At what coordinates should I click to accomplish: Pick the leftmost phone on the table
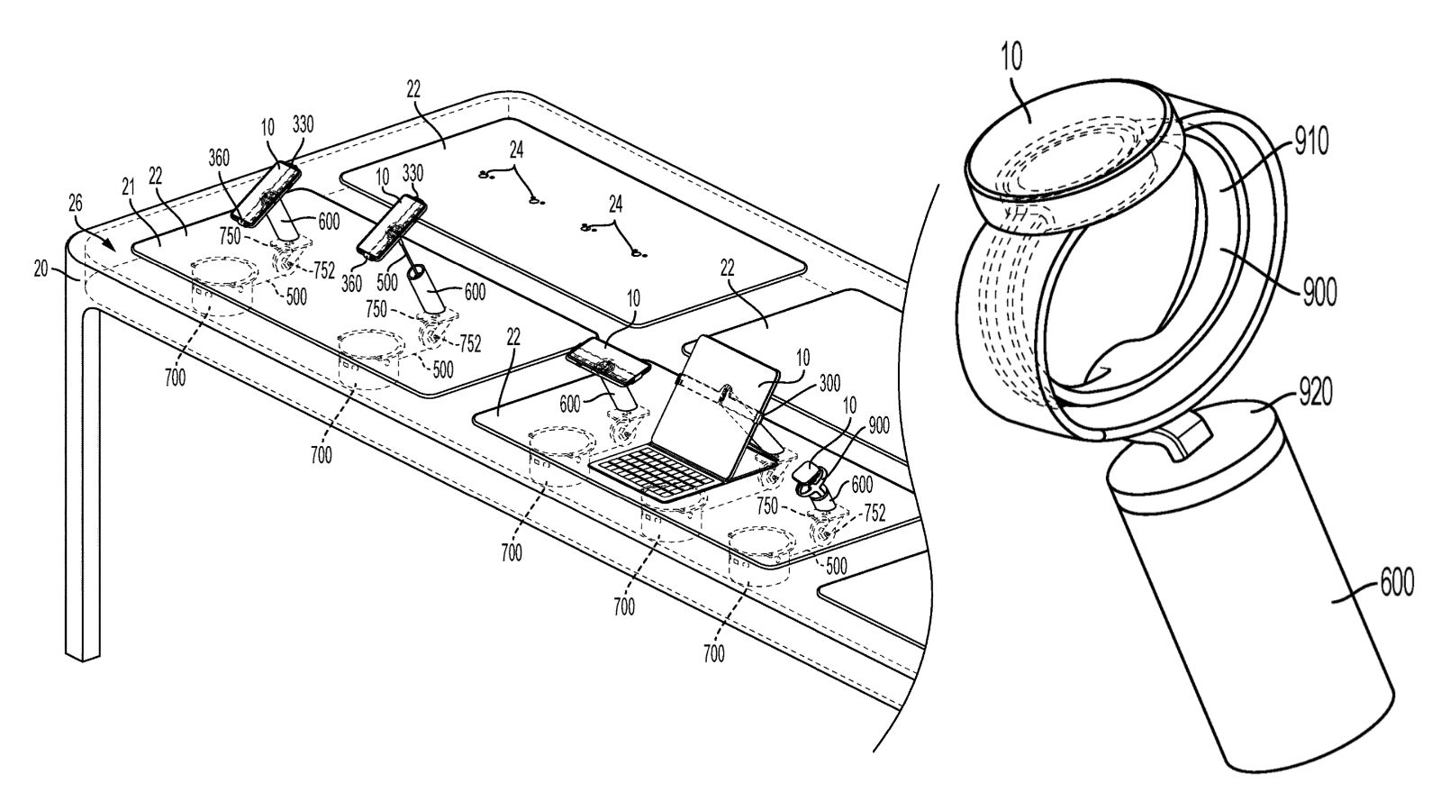[265, 194]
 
